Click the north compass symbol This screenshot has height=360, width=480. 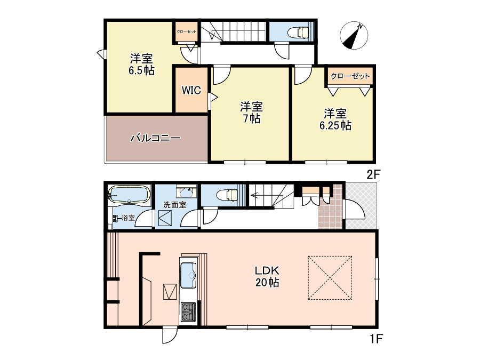pyautogui.click(x=354, y=36)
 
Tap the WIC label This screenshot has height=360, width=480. pyautogui.click(x=191, y=90)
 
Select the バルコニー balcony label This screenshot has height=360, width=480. pyautogui.click(x=156, y=138)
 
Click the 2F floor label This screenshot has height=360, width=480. pyautogui.click(x=373, y=174)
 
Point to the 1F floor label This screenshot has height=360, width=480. pyautogui.click(x=376, y=339)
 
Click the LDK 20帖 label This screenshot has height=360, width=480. pyautogui.click(x=267, y=276)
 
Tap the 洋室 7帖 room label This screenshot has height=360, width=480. pyautogui.click(x=251, y=113)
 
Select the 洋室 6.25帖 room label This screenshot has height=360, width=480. pyautogui.click(x=335, y=119)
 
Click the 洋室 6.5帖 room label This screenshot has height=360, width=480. pyautogui.click(x=141, y=65)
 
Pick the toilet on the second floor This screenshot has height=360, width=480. pyautogui.click(x=298, y=32)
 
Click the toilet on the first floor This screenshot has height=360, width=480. pyautogui.click(x=227, y=195)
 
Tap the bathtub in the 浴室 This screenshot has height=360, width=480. pyautogui.click(x=130, y=195)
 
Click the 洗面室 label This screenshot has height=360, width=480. pyautogui.click(x=175, y=205)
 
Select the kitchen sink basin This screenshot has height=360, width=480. pyautogui.click(x=188, y=275)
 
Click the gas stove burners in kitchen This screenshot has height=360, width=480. pyautogui.click(x=188, y=311)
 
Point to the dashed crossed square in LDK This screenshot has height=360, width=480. pyautogui.click(x=330, y=278)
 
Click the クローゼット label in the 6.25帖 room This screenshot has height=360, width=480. pyautogui.click(x=350, y=76)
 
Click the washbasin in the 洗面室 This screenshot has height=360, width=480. pyautogui.click(x=186, y=191)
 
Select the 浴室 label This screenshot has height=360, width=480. pyautogui.click(x=128, y=218)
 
